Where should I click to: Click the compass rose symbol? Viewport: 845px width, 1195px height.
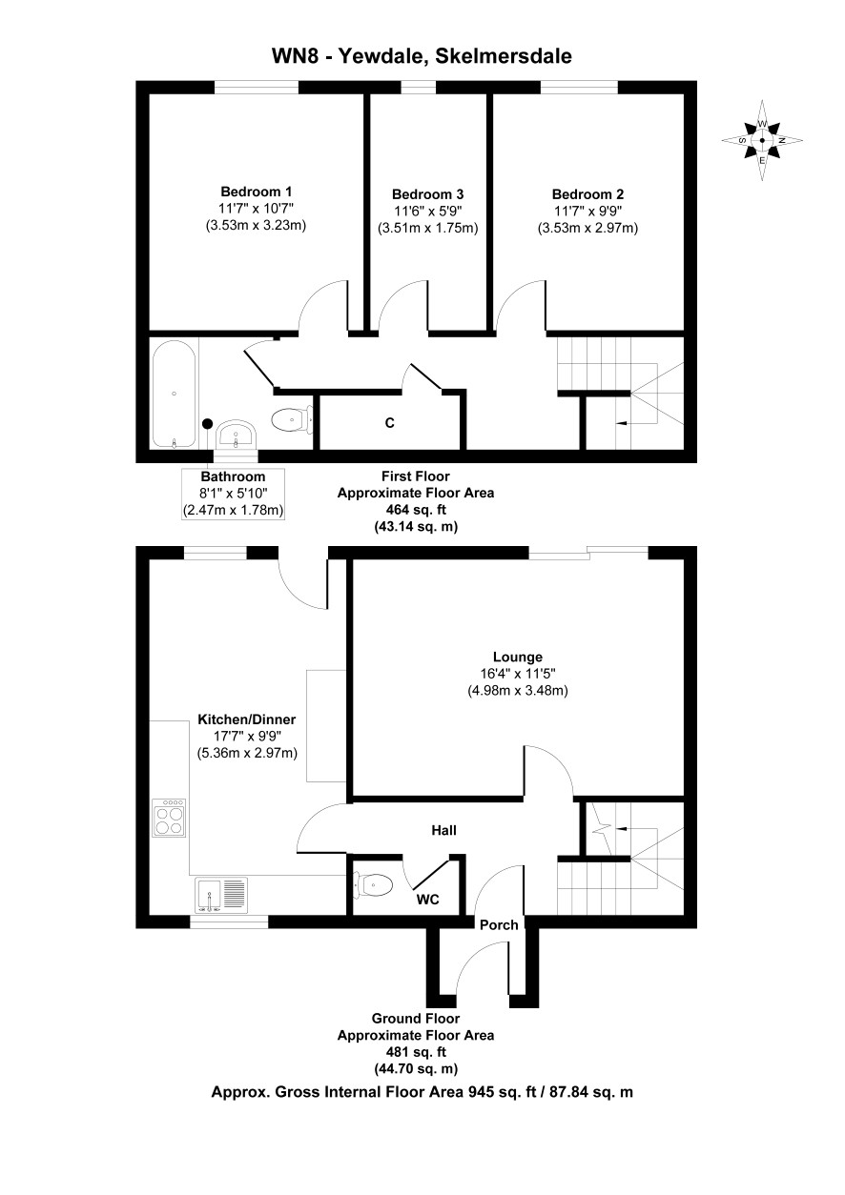[762, 140]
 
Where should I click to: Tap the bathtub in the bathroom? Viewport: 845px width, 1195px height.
[174, 394]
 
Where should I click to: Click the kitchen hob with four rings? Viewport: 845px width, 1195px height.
[169, 818]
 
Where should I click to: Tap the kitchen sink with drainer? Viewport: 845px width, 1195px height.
[221, 895]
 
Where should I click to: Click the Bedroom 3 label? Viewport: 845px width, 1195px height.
[427, 194]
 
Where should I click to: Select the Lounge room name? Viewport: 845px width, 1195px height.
[517, 657]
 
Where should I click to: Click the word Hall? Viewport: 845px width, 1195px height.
[443, 830]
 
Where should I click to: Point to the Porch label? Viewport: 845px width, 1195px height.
[499, 924]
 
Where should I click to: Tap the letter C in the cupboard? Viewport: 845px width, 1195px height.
[390, 423]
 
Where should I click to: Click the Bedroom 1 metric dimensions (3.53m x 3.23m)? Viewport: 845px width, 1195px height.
[256, 225]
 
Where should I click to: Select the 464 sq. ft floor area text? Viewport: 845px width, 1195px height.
[415, 510]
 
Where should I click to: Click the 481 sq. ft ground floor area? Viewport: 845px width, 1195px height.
[415, 1052]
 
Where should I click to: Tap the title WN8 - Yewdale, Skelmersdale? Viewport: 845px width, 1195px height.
[422, 56]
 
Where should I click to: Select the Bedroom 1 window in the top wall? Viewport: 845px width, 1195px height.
[256, 87]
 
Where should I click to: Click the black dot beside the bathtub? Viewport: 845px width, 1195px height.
[208, 423]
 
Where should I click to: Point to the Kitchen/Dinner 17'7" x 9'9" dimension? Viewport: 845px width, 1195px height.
[247, 737]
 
